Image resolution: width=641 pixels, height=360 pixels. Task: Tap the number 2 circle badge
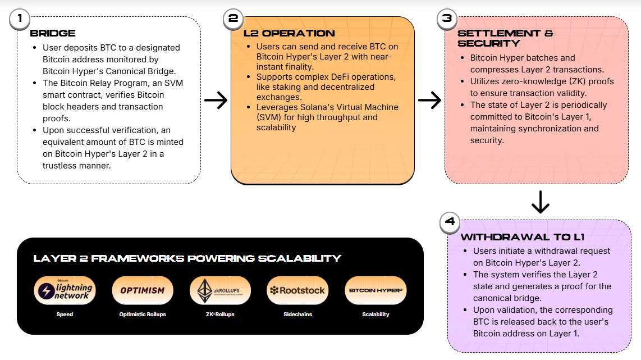coord(232,19)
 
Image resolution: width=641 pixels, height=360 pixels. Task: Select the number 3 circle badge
coord(446,19)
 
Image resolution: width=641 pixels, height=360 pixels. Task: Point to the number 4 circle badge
coord(449,221)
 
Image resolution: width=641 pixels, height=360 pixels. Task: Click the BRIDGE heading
coord(53,33)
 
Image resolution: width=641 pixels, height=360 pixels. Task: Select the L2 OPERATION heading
coord(289,33)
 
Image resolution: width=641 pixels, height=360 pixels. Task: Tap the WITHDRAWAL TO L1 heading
coord(523,237)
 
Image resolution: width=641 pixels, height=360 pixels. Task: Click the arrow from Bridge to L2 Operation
coord(216,101)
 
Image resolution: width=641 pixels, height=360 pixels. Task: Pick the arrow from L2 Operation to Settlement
coord(429,101)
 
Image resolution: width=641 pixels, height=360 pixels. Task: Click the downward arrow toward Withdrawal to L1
coord(540,202)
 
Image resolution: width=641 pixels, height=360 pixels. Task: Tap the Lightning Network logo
coord(65,290)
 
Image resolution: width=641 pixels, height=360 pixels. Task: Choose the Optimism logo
coord(143,290)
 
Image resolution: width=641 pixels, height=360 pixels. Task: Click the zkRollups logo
coord(220,290)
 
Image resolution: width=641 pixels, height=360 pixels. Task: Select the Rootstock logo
coord(297,290)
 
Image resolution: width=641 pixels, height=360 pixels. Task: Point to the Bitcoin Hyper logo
coord(376,290)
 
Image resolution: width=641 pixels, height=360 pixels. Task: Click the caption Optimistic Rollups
coord(143,315)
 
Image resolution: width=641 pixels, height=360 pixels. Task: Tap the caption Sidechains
coord(297,315)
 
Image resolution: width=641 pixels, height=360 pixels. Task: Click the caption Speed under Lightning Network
coord(65,315)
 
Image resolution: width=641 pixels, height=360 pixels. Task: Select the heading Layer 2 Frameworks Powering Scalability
coord(187,258)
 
